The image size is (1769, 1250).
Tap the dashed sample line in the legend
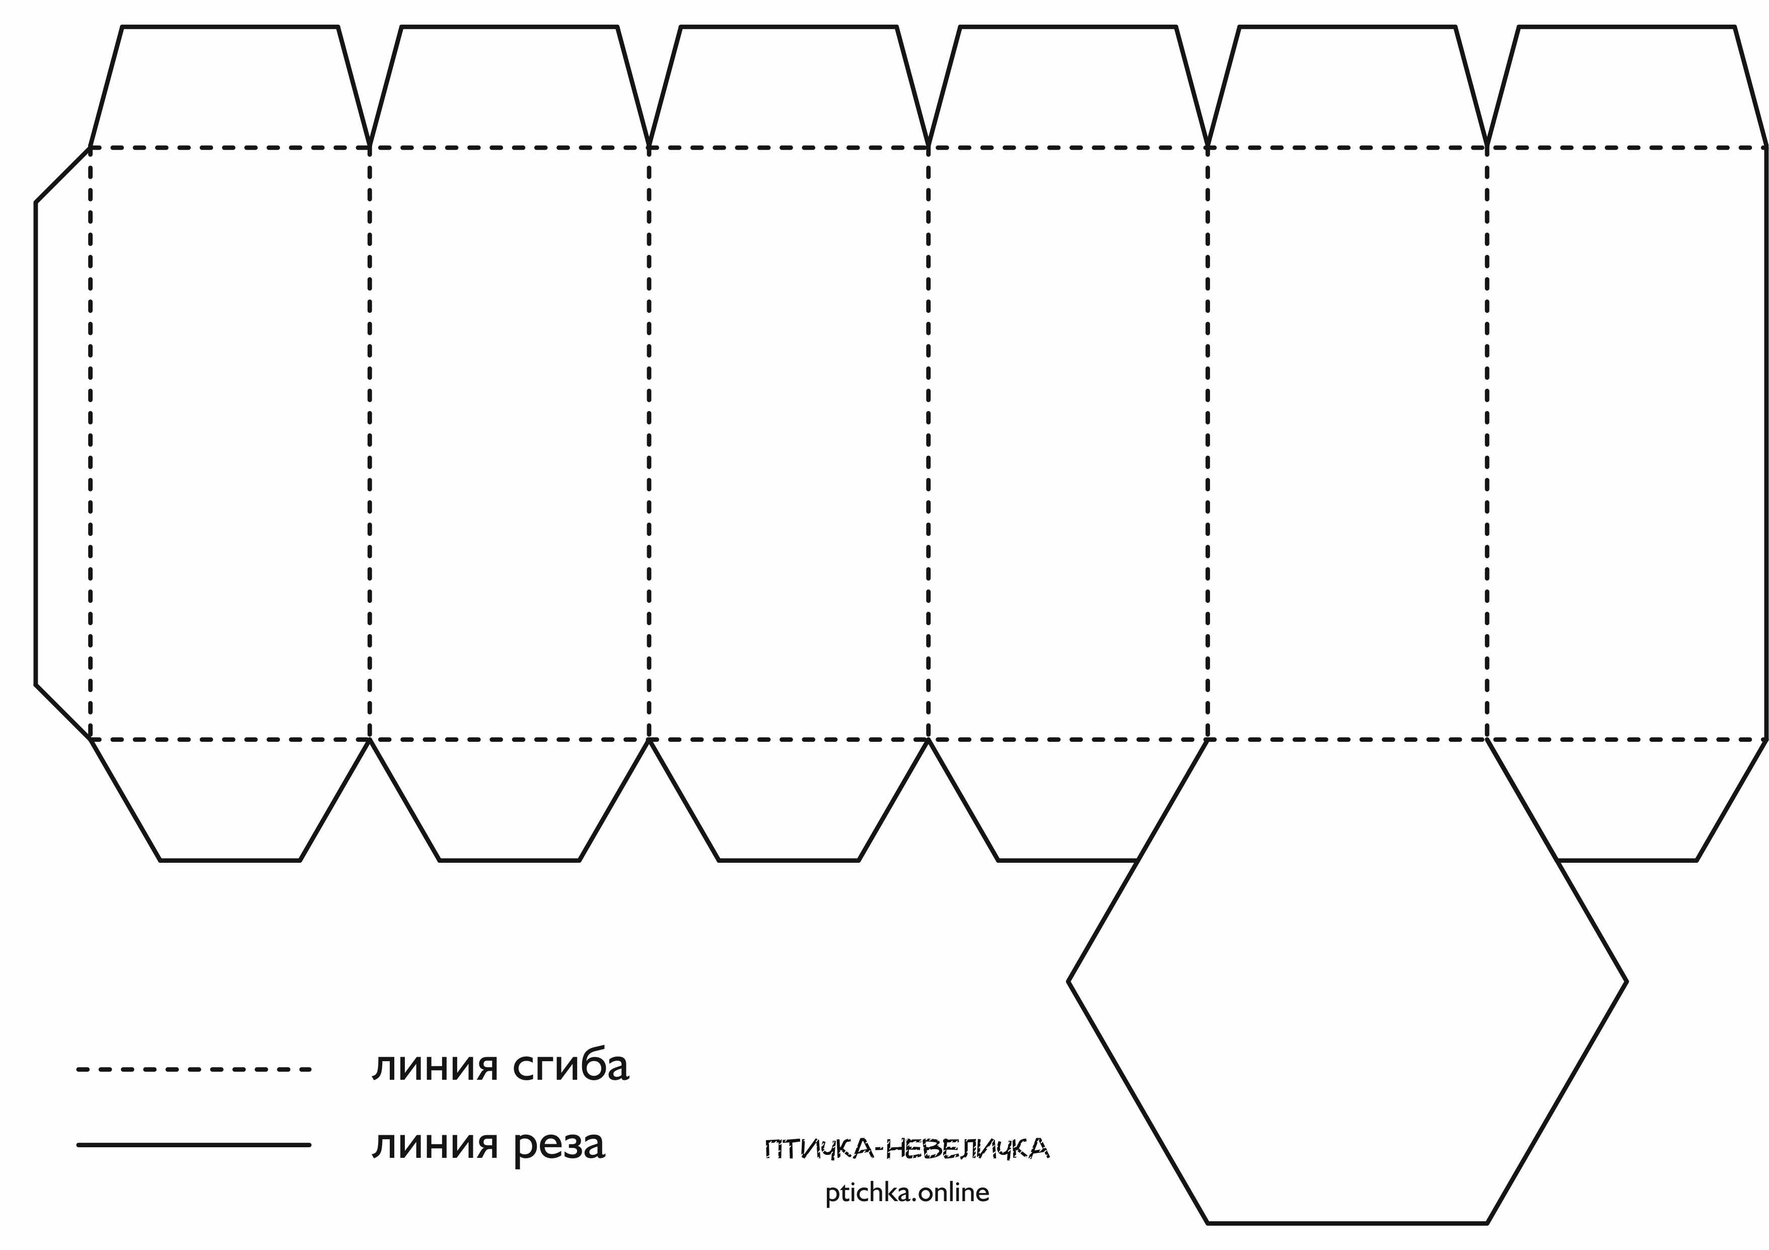click(x=193, y=1070)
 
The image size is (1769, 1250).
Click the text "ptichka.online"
click(x=907, y=1193)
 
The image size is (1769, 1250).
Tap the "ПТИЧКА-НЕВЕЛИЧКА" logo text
click(x=907, y=1150)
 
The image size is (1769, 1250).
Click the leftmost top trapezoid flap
click(x=230, y=86)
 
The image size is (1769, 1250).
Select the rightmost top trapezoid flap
click(x=1626, y=86)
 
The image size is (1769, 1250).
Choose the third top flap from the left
click(x=788, y=86)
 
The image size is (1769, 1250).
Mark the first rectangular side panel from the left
click(x=230, y=443)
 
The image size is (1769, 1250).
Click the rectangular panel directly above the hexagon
click(x=1347, y=443)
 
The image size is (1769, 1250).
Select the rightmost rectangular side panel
click(x=1626, y=443)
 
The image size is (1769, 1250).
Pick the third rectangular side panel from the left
click(x=788, y=443)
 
